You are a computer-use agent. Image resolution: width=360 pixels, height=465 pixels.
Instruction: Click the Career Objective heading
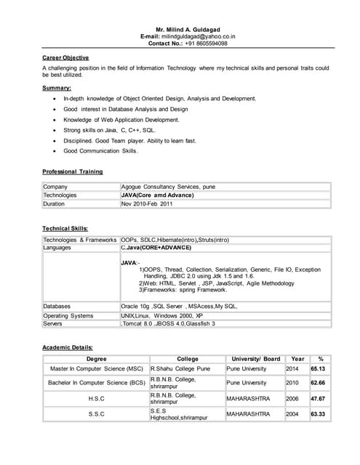coord(65,57)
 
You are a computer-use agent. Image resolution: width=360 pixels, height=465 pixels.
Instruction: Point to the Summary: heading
coord(57,88)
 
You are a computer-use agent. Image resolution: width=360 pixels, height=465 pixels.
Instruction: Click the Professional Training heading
coord(73,171)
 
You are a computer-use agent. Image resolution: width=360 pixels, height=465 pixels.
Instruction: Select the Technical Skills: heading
coord(65,228)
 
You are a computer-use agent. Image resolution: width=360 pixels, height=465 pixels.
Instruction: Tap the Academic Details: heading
coord(68,347)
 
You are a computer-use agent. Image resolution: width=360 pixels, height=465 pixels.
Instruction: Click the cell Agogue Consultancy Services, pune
coord(169,187)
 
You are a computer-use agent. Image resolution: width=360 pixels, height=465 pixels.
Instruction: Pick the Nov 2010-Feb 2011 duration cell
coord(148,204)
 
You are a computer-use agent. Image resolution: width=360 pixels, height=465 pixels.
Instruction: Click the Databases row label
coord(57,307)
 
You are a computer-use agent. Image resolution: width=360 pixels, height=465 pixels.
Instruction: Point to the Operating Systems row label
coord(68,315)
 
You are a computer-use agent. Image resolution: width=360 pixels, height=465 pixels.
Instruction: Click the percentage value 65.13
coord(318,369)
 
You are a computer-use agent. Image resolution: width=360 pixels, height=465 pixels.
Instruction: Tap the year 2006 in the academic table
coord(292,398)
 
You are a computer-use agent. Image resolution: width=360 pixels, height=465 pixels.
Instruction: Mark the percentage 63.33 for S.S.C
coord(318,414)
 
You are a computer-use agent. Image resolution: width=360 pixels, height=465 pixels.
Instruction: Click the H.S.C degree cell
coord(96,398)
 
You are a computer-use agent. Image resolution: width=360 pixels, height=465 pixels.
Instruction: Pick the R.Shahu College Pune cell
coord(180,369)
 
